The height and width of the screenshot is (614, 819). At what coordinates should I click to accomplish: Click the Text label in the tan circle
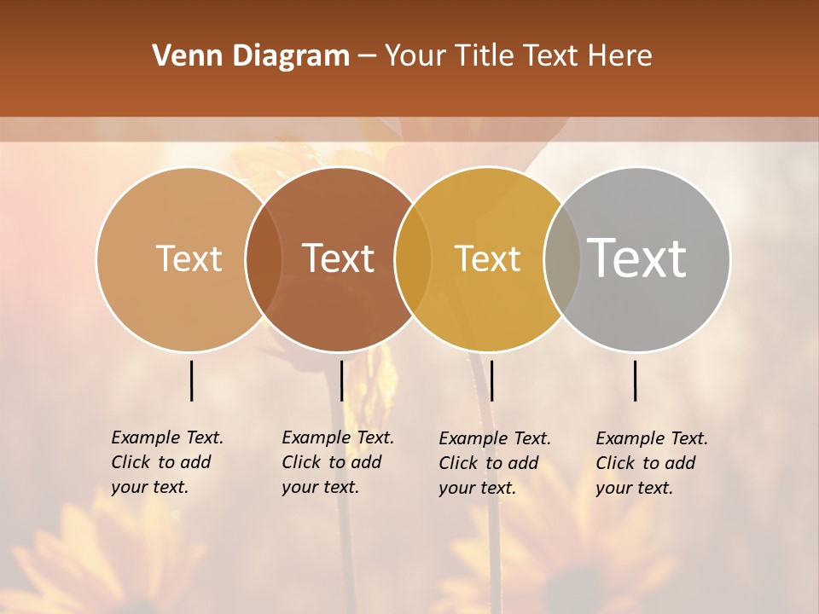click(189, 258)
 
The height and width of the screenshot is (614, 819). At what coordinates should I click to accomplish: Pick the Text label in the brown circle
click(339, 258)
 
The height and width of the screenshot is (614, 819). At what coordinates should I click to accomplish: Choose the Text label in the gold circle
click(487, 258)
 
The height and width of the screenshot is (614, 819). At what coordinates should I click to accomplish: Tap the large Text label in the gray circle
click(637, 258)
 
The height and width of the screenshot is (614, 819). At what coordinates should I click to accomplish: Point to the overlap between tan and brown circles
click(264, 258)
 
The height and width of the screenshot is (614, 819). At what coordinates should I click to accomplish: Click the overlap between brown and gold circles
click(413, 258)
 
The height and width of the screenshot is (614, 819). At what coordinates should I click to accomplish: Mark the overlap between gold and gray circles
click(561, 258)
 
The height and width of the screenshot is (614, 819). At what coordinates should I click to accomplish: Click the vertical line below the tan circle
click(192, 380)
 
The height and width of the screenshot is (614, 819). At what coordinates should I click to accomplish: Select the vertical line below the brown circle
click(341, 380)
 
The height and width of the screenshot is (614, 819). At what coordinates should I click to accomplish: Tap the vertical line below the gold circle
click(491, 380)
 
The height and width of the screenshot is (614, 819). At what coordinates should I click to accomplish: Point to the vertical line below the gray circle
click(636, 380)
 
